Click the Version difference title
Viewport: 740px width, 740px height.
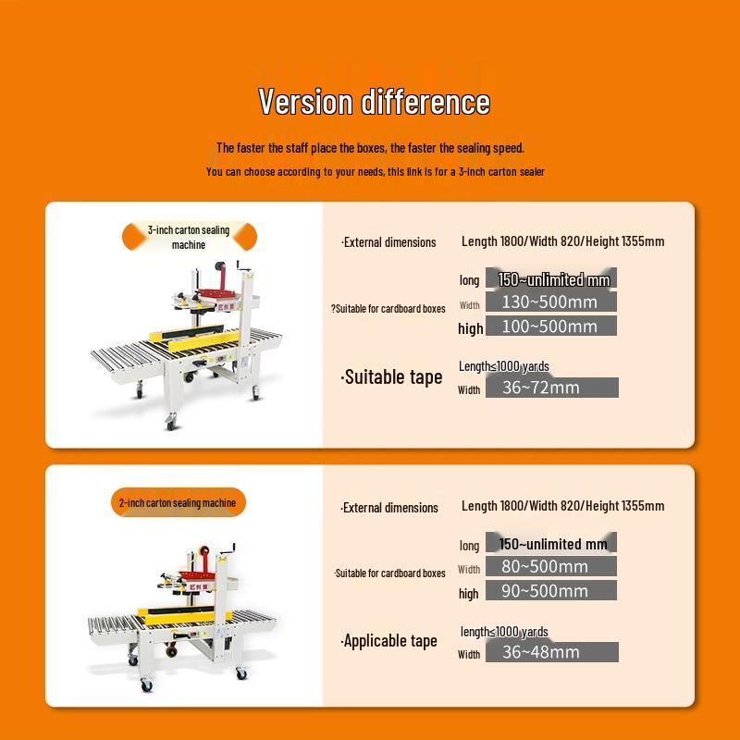pyautogui.click(x=374, y=101)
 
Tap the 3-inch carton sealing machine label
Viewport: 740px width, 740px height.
pyautogui.click(x=189, y=237)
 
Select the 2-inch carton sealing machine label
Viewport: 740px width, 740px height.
pyautogui.click(x=177, y=502)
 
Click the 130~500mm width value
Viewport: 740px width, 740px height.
pyautogui.click(x=549, y=302)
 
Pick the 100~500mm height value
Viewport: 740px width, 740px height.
pyautogui.click(x=549, y=326)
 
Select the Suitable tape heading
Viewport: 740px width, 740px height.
pyautogui.click(x=392, y=376)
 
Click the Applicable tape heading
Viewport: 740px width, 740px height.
pyautogui.click(x=389, y=641)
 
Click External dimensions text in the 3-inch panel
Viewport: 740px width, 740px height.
pyautogui.click(x=388, y=242)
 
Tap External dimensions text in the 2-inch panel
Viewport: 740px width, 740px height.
pyautogui.click(x=388, y=508)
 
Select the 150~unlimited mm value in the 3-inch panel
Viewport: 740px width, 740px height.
pyautogui.click(x=553, y=278)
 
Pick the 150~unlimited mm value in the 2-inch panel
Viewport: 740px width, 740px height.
pyautogui.click(x=553, y=544)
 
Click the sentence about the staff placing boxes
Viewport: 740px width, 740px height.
pyautogui.click(x=370, y=148)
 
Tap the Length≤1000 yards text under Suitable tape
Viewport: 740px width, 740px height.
pyautogui.click(x=503, y=366)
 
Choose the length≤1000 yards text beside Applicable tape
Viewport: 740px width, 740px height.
pyautogui.click(x=504, y=632)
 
